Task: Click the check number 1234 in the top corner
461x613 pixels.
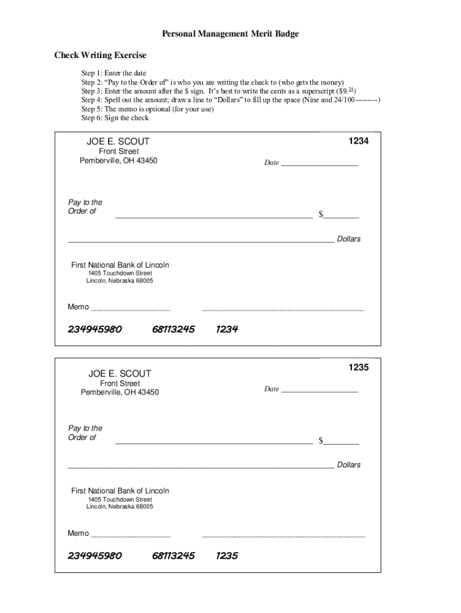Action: click(358, 141)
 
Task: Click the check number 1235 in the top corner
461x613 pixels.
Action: click(358, 368)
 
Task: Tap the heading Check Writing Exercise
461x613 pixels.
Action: click(101, 56)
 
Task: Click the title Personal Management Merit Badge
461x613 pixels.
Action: click(230, 34)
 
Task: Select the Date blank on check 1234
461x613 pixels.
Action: click(319, 162)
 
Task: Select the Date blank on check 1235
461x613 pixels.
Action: click(319, 389)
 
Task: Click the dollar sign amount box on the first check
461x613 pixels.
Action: click(341, 214)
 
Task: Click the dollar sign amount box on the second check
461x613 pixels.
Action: click(341, 441)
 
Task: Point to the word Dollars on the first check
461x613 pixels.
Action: click(348, 239)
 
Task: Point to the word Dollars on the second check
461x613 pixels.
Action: click(348, 465)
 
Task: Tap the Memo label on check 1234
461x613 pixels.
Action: click(78, 307)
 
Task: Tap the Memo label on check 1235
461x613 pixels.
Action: click(78, 533)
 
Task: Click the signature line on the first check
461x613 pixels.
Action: click(283, 309)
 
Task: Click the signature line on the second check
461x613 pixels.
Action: click(283, 536)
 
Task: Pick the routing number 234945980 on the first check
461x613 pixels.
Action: click(95, 329)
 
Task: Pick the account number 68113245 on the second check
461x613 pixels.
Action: click(173, 556)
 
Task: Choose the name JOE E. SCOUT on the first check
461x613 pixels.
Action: click(119, 142)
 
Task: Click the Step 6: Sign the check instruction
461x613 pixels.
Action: click(115, 118)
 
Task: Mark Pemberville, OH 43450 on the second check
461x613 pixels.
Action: click(120, 392)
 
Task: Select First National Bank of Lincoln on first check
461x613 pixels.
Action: click(120, 265)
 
